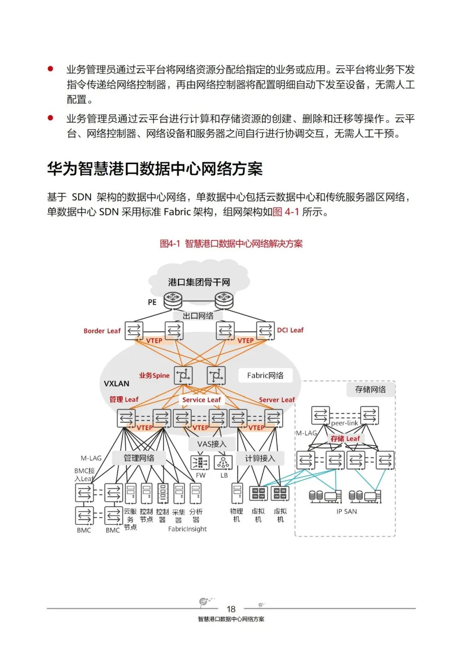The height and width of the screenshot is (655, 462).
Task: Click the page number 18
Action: click(231, 609)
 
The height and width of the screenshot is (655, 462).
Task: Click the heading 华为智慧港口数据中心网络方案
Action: click(154, 169)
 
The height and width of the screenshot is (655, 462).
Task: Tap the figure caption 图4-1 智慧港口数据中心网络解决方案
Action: click(231, 244)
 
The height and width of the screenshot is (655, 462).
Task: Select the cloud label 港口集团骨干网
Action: click(199, 282)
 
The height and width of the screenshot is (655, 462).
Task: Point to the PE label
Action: click(152, 302)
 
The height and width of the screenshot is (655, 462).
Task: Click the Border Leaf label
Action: click(102, 331)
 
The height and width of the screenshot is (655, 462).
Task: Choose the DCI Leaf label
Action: click(290, 330)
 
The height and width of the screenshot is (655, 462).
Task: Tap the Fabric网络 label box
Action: click(265, 375)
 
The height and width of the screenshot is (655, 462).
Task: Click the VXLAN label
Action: click(116, 384)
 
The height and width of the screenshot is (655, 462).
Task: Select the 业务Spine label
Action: click(154, 375)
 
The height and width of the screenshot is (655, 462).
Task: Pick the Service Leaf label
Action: click(201, 400)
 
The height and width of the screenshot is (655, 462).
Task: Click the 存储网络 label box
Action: click(370, 389)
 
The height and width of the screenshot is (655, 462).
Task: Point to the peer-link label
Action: click(344, 423)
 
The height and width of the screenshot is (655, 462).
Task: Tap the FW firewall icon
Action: click(200, 463)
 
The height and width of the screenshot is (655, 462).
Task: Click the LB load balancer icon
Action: click(223, 463)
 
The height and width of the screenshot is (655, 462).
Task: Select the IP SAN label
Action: click(346, 511)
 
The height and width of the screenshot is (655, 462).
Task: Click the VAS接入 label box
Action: click(212, 444)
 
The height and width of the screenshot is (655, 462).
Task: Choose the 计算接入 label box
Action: click(260, 458)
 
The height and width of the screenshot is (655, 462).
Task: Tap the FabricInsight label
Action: click(187, 529)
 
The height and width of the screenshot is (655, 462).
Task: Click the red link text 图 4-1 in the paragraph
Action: click(286, 212)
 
